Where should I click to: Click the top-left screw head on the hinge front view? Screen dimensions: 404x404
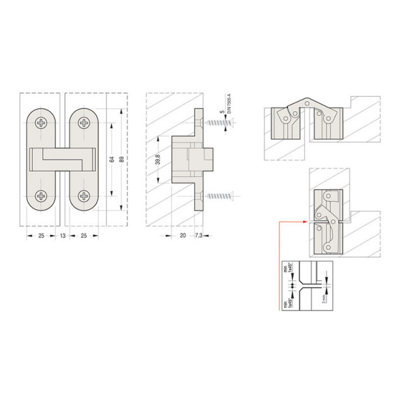click(x=42, y=124)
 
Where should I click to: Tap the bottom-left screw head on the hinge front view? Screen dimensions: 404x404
click(x=42, y=196)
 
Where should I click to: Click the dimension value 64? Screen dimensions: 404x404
click(x=111, y=160)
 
